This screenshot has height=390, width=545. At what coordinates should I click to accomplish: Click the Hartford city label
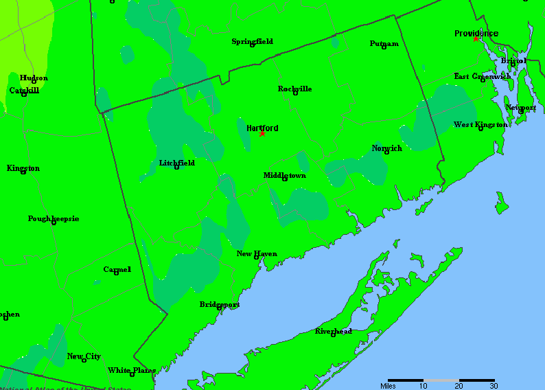point(262,128)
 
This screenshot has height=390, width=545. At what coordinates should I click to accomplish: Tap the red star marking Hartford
point(262,134)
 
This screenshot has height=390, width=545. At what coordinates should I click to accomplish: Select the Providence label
point(476,33)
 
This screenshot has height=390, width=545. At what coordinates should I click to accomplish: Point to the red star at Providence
point(476,39)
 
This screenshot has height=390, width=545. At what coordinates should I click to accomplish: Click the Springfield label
point(252,41)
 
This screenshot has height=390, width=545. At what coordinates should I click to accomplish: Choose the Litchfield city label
point(176,163)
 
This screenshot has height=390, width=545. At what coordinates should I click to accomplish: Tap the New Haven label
point(257,253)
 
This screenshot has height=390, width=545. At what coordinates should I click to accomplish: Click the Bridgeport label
point(220,303)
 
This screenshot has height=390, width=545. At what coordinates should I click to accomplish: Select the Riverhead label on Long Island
point(334,331)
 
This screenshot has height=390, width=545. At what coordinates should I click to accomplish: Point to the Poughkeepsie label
point(54,218)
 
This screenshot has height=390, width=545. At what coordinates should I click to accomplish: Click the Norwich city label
point(387,148)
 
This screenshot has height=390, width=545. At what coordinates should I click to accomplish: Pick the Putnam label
point(384,43)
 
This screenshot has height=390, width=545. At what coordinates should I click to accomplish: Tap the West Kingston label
point(480,124)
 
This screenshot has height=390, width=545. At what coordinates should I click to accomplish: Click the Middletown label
point(285,175)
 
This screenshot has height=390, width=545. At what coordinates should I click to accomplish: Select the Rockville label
point(295,89)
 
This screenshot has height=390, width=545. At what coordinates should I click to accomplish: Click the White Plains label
point(131,370)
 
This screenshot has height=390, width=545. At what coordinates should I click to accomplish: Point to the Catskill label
point(24,90)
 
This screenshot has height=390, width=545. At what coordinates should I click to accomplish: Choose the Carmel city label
point(117,269)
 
